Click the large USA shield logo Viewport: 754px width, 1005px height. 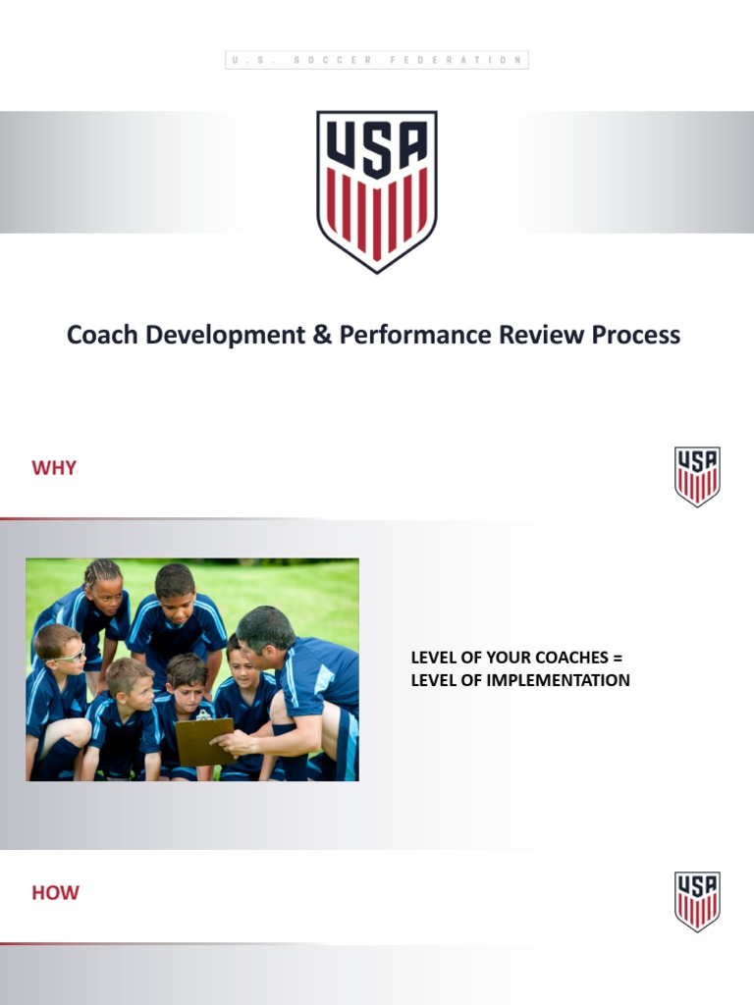pos(377,190)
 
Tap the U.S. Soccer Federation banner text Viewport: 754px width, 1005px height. pos(377,60)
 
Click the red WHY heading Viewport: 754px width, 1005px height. pos(54,467)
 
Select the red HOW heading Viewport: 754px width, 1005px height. pos(55,893)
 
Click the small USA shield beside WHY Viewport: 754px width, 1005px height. pos(697,476)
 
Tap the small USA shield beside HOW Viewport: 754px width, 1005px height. pos(697,901)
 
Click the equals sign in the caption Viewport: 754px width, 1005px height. pos(618,658)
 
